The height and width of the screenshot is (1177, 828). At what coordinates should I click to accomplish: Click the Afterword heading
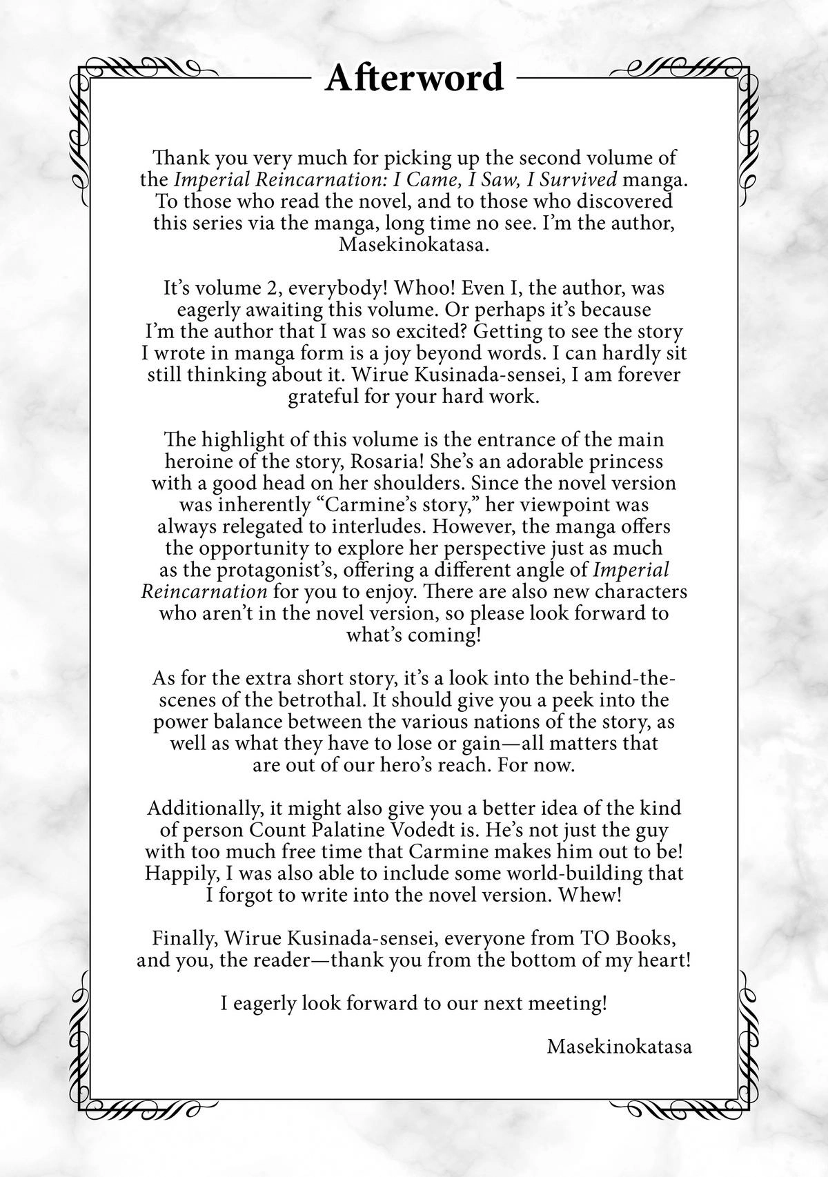pyautogui.click(x=414, y=77)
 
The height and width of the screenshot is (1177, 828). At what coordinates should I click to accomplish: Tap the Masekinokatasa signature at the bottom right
pyautogui.click(x=619, y=1046)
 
